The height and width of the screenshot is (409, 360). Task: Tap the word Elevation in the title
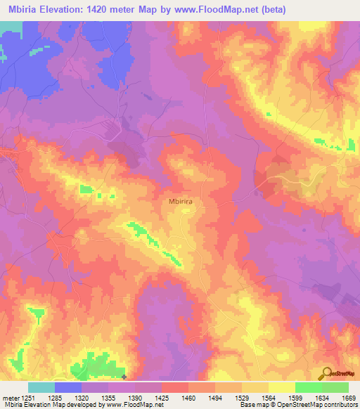coord(67,9)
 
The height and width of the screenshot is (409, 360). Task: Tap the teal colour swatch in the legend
coord(41,387)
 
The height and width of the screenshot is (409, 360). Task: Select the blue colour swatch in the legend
coord(68,387)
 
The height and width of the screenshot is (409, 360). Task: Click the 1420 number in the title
coord(110,9)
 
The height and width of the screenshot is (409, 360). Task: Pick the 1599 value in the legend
coord(292,398)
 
